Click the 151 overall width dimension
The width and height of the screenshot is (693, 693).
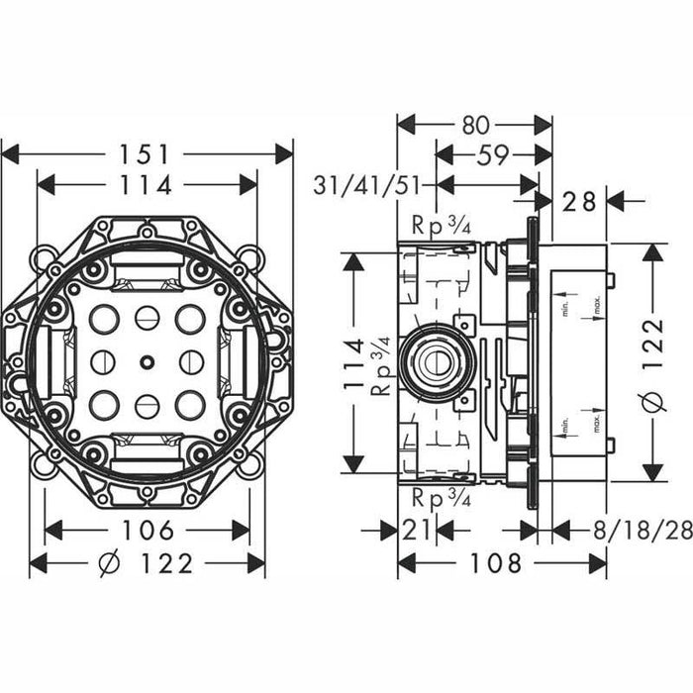coord(148,154)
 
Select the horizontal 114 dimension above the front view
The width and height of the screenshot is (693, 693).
coord(148,185)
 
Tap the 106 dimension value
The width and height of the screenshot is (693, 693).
coord(148,530)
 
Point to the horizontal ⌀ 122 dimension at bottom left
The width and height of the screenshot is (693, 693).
coord(148,564)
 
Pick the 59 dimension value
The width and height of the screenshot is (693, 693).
coord(492,154)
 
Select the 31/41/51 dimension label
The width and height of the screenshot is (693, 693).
coord(368,185)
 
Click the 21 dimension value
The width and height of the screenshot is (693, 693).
coord(416,530)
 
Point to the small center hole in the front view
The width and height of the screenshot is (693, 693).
coord(147,362)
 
